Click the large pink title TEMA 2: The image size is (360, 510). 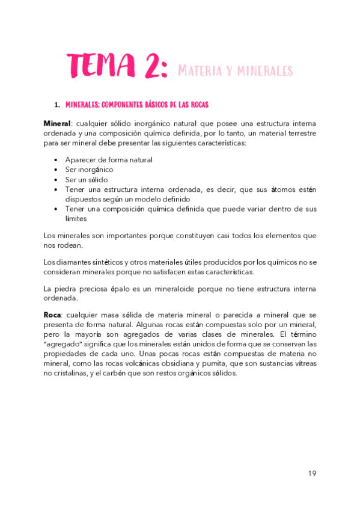click(117, 66)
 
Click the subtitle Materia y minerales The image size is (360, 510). click(236, 71)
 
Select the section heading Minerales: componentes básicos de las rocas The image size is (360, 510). click(136, 105)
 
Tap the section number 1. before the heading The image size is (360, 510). click(57, 105)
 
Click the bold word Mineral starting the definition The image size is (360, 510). click(57, 123)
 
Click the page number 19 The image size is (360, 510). click(312, 473)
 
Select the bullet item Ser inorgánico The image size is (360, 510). click(89, 170)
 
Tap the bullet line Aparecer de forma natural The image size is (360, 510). click(109, 160)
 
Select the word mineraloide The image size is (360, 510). click(176, 289)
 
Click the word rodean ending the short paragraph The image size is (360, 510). click(70, 245)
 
